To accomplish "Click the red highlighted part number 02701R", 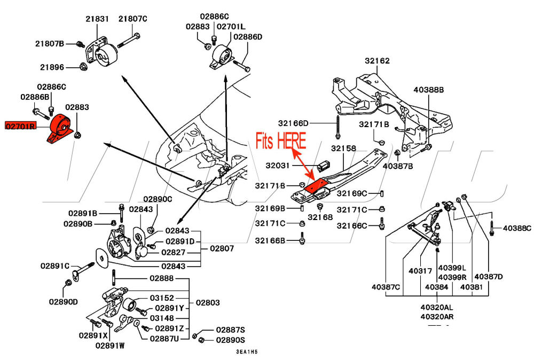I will click(20, 127).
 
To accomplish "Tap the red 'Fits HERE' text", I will click(281, 141).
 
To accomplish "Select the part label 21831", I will click(97, 19).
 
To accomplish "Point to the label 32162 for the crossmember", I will click(377, 61).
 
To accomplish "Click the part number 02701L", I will click(231, 26).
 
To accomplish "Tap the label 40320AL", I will click(436, 308).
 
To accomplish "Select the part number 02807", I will click(222, 248).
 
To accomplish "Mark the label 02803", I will click(208, 302).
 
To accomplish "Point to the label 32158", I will click(344, 148).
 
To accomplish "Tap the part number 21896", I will click(50, 67).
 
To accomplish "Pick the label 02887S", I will click(230, 330).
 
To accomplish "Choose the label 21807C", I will click(132, 19).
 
